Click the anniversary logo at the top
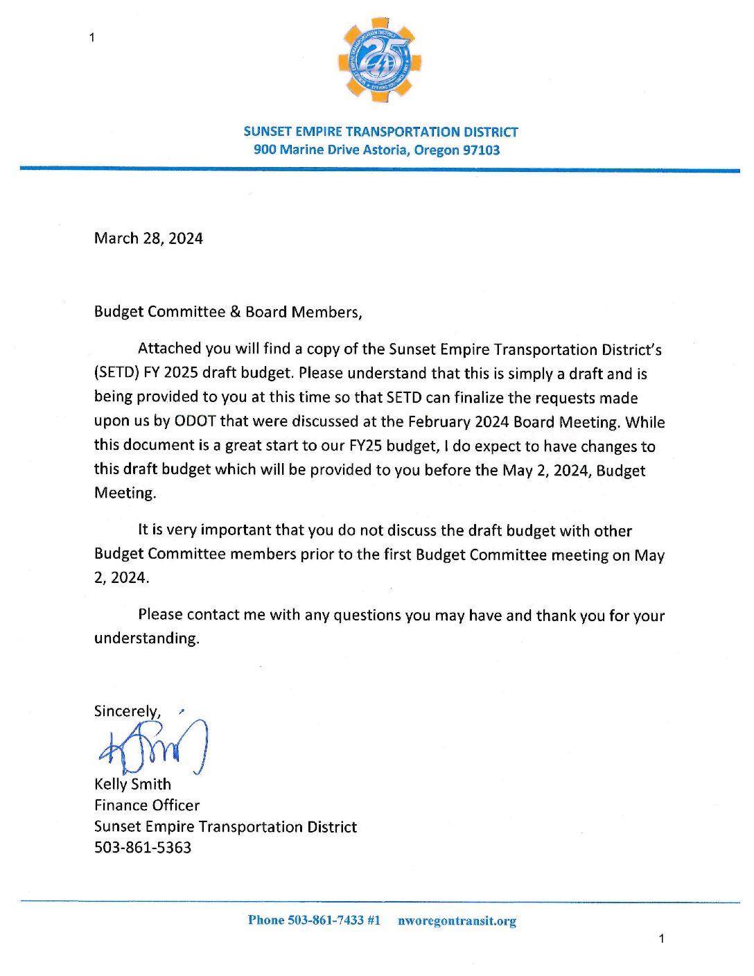[379, 60]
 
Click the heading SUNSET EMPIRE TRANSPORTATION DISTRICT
[380, 132]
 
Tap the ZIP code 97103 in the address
[481, 150]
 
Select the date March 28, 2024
[148, 238]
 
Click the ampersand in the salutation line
[235, 312]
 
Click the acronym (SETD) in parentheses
[116, 373]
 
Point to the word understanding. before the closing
[147, 638]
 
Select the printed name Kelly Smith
[132, 784]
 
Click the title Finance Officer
[147, 805]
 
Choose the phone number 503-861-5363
[143, 848]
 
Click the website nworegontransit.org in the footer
[457, 921]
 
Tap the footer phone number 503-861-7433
[325, 921]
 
